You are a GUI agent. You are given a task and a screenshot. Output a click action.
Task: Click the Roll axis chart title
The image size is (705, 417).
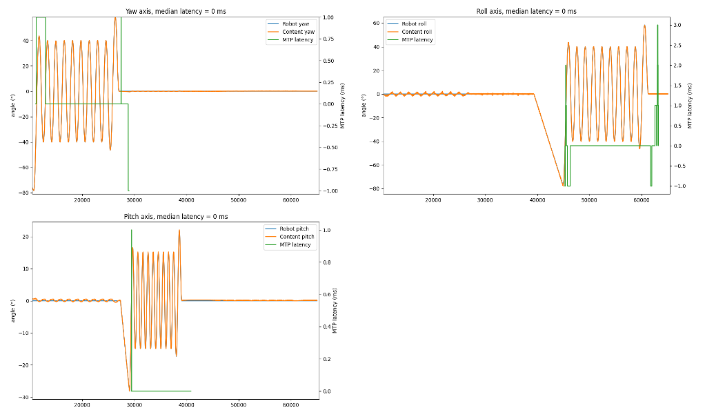click(x=526, y=11)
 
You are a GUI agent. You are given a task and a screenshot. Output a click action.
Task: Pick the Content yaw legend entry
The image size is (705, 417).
click(x=299, y=32)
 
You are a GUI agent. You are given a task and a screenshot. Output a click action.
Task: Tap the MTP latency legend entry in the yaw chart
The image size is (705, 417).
click(x=299, y=40)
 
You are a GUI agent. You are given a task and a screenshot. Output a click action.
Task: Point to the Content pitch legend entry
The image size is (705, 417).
click(x=298, y=237)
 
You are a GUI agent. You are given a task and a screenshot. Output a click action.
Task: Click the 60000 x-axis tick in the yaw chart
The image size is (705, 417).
click(x=291, y=200)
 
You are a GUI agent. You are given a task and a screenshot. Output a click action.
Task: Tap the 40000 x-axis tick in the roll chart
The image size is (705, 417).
click(x=537, y=200)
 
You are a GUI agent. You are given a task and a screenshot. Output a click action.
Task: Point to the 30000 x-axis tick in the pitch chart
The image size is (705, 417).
click(x=135, y=406)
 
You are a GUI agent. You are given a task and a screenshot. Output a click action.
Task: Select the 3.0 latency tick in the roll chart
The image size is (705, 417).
click(x=678, y=25)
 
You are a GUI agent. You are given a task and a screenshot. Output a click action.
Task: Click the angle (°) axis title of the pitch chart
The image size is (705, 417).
click(x=12, y=311)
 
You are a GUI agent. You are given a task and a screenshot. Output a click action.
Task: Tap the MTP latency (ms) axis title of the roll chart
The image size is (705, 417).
click(x=691, y=106)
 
